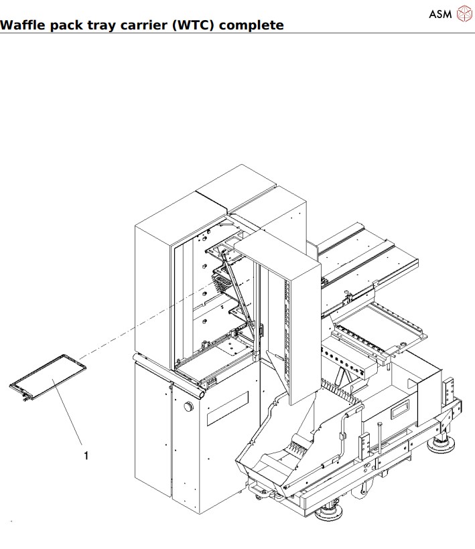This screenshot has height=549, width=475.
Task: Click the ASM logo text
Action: tap(440, 13)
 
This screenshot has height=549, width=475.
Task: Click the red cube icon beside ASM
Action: tap(464, 13)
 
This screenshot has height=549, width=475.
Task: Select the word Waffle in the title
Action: tap(21, 25)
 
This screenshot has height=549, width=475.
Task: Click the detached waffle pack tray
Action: tap(48, 378)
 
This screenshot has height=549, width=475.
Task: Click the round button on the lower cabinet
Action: tap(188, 407)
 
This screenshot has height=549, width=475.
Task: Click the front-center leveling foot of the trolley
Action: tap(328, 514)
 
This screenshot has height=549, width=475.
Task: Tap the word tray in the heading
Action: tap(107, 25)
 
